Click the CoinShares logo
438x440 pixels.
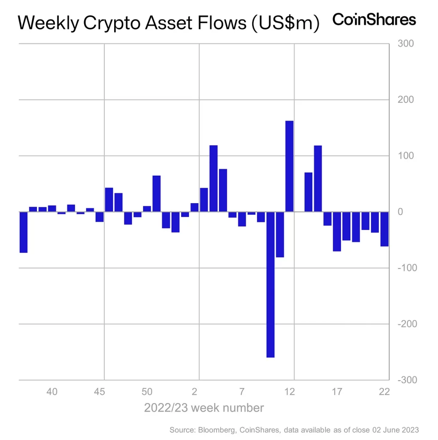[374, 20]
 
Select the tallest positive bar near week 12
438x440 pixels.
[289, 166]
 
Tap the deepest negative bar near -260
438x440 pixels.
[271, 284]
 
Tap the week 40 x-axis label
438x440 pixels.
[52, 391]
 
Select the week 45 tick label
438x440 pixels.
[100, 391]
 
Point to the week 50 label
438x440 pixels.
[147, 391]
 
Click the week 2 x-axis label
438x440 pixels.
[195, 391]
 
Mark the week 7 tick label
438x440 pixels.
[242, 391]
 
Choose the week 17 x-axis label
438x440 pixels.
[337, 391]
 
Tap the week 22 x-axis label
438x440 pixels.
[384, 391]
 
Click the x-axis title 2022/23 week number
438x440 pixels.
[204, 407]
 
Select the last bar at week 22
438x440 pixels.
[384, 229]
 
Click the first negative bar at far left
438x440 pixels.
[24, 232]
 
